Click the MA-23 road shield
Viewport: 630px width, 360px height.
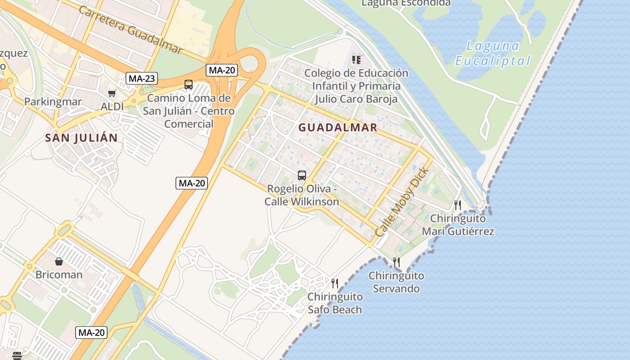click(x=142, y=78)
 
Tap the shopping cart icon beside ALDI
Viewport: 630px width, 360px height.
click(x=112, y=93)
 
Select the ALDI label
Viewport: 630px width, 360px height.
click(x=112, y=107)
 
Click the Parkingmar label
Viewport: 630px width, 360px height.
click(x=53, y=102)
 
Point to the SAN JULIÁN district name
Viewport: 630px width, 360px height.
click(x=81, y=138)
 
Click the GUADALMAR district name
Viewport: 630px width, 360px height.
click(x=338, y=127)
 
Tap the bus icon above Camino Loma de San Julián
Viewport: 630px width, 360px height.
click(x=189, y=84)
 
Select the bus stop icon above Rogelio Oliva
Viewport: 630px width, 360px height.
click(x=302, y=175)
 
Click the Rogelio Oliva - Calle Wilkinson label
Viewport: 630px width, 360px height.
click(x=301, y=195)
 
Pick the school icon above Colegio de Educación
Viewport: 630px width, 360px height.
click(x=356, y=60)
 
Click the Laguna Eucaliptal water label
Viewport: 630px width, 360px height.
click(x=493, y=53)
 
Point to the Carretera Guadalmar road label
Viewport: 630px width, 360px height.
click(x=130, y=30)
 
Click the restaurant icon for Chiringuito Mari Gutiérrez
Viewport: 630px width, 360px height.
click(x=458, y=205)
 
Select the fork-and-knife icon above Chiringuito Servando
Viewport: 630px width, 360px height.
click(x=396, y=262)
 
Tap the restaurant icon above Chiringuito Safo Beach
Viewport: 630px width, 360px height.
click(x=335, y=283)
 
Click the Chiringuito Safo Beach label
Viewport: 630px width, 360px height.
click(x=335, y=303)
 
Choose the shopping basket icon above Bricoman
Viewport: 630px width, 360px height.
click(x=59, y=261)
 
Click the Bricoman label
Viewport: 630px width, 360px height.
click(x=59, y=274)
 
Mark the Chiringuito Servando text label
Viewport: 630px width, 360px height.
click(x=396, y=282)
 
